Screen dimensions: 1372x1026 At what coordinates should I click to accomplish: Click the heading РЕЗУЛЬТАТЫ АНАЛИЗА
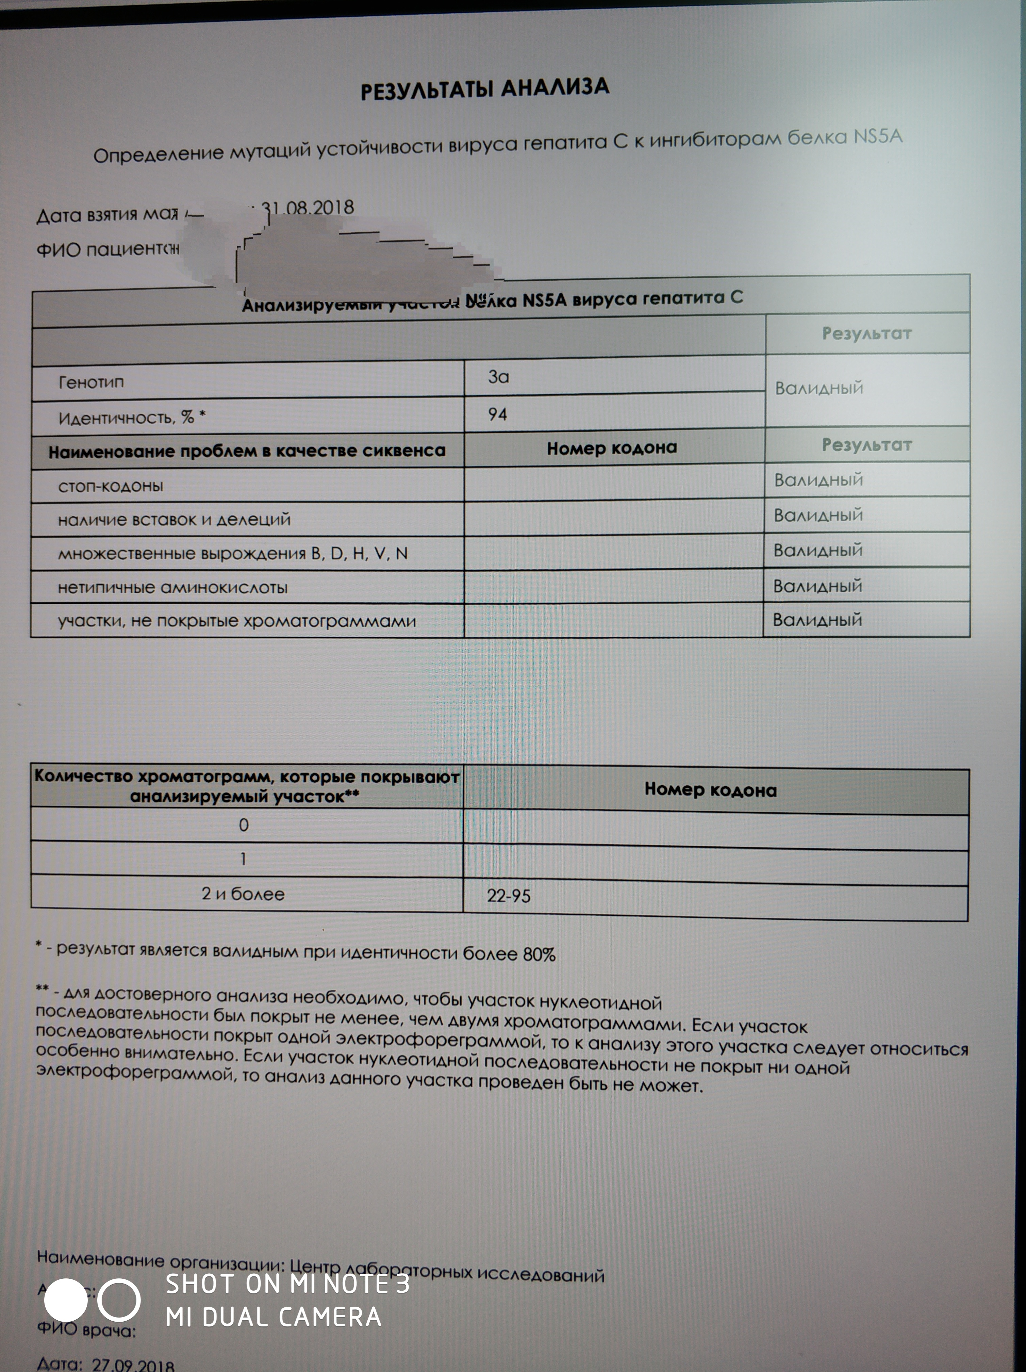(x=485, y=89)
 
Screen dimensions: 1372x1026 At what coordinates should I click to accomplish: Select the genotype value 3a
(x=498, y=376)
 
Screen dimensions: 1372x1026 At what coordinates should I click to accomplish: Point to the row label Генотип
(x=91, y=382)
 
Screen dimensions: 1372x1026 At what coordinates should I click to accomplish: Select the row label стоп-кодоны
(x=110, y=486)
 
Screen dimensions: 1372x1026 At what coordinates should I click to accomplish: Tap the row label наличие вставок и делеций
(x=174, y=519)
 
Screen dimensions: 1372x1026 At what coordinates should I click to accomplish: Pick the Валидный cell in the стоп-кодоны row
(x=818, y=479)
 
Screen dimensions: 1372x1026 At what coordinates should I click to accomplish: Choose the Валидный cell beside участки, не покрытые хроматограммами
(x=817, y=620)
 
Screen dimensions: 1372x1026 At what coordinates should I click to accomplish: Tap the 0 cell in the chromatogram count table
(x=244, y=825)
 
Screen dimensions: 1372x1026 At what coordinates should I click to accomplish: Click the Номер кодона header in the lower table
(x=710, y=789)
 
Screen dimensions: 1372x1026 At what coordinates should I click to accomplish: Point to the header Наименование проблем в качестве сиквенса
(x=247, y=451)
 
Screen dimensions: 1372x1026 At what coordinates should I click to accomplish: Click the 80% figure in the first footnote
(x=539, y=954)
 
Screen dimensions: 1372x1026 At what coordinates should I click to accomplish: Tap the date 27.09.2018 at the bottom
(x=133, y=1364)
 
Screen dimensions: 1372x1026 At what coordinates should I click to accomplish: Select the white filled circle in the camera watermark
(x=66, y=1300)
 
